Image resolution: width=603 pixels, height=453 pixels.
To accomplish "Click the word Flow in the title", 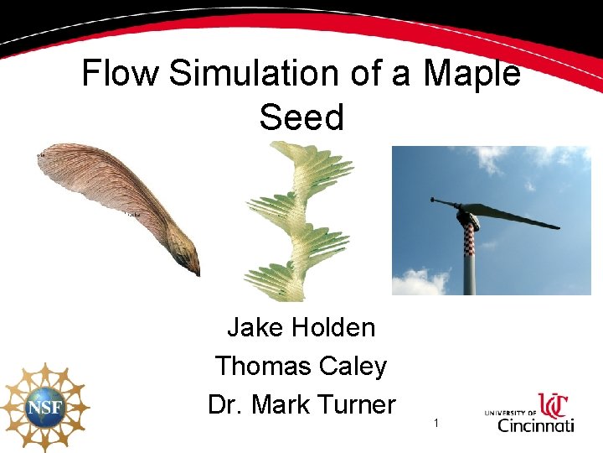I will click(x=121, y=74).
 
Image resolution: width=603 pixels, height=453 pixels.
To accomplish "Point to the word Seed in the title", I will click(x=301, y=117).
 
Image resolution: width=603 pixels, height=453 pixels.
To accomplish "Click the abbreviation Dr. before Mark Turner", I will click(x=226, y=404).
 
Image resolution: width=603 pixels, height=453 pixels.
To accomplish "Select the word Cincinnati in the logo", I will click(x=536, y=424).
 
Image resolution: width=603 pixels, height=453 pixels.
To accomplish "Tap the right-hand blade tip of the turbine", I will click(x=554, y=226).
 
